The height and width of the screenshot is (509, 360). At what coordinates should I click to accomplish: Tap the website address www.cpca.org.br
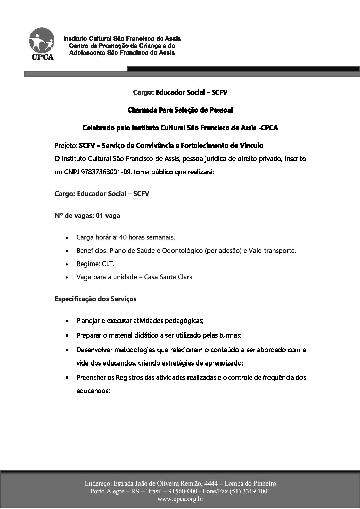coord(180,499)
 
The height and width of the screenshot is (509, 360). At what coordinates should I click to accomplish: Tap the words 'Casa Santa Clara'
coord(168,277)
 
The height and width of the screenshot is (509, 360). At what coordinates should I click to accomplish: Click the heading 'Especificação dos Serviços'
coord(95,299)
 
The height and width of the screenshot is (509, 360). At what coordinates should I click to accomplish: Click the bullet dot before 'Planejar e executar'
coord(68,321)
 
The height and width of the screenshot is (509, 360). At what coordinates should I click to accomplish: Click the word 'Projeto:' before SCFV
coord(66,146)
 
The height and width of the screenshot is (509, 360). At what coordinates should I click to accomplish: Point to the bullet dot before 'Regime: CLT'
coord(68,264)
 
